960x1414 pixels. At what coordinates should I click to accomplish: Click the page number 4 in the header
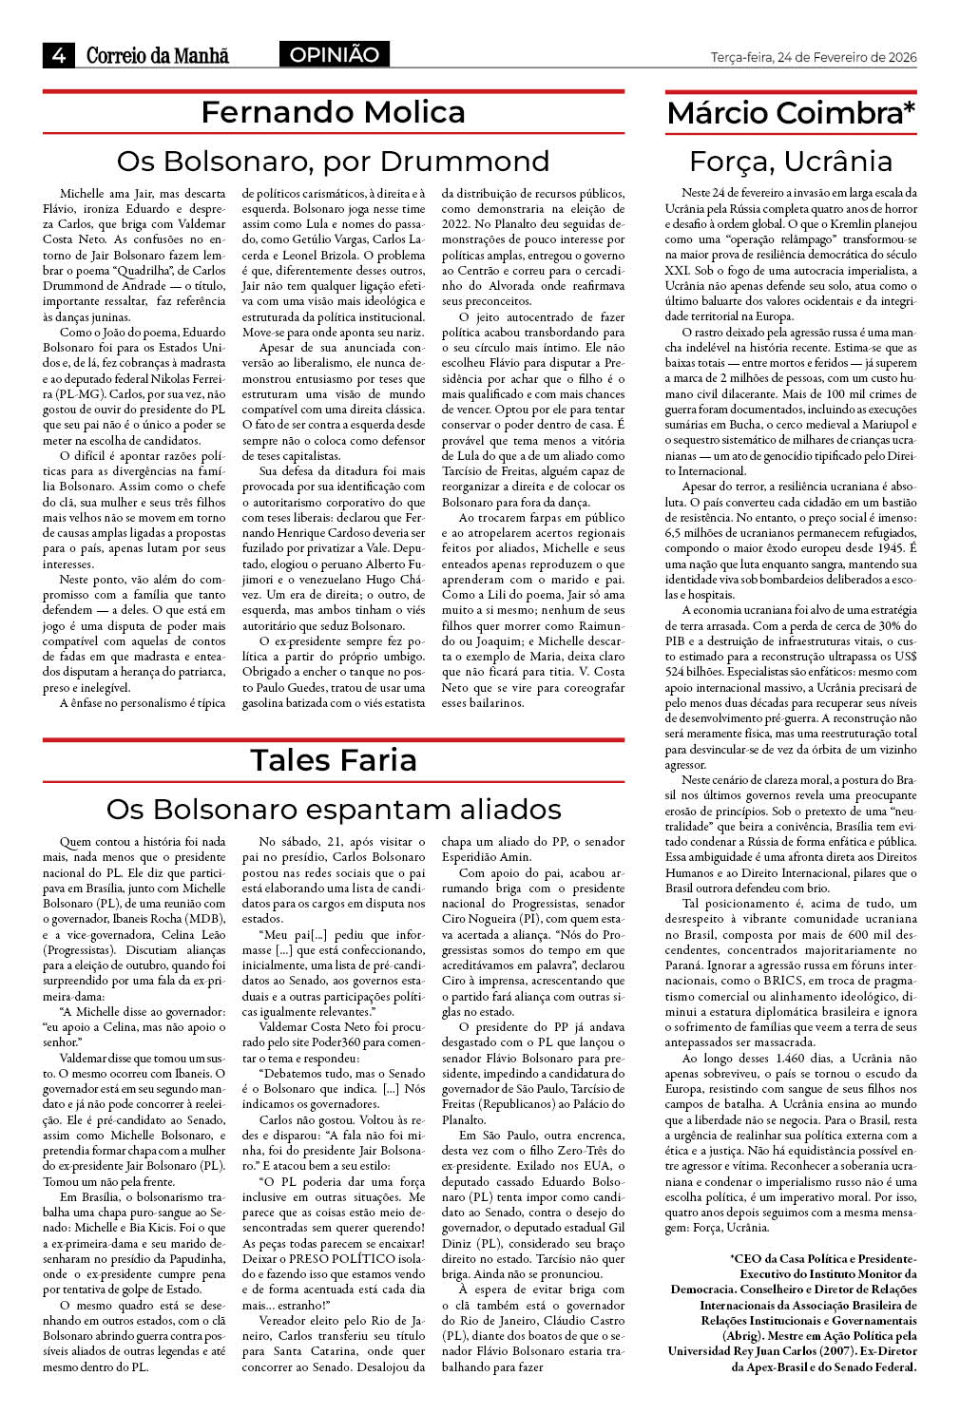58,55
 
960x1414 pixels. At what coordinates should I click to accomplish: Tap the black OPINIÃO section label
334,55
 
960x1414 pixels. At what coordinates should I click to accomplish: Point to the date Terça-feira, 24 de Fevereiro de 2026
813,57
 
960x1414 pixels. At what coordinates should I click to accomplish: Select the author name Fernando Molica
333,112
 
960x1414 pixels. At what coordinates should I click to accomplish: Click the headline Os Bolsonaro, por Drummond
333,161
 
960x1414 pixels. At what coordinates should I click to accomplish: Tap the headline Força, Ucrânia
791,161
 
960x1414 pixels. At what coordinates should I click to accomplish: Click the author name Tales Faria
334,760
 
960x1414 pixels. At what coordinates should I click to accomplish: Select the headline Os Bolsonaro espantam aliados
334,809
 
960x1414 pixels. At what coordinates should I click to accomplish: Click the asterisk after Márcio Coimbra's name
910,107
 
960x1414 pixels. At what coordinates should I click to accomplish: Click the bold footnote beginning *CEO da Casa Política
793,1311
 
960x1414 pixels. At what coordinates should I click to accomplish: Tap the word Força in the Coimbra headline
732,161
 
